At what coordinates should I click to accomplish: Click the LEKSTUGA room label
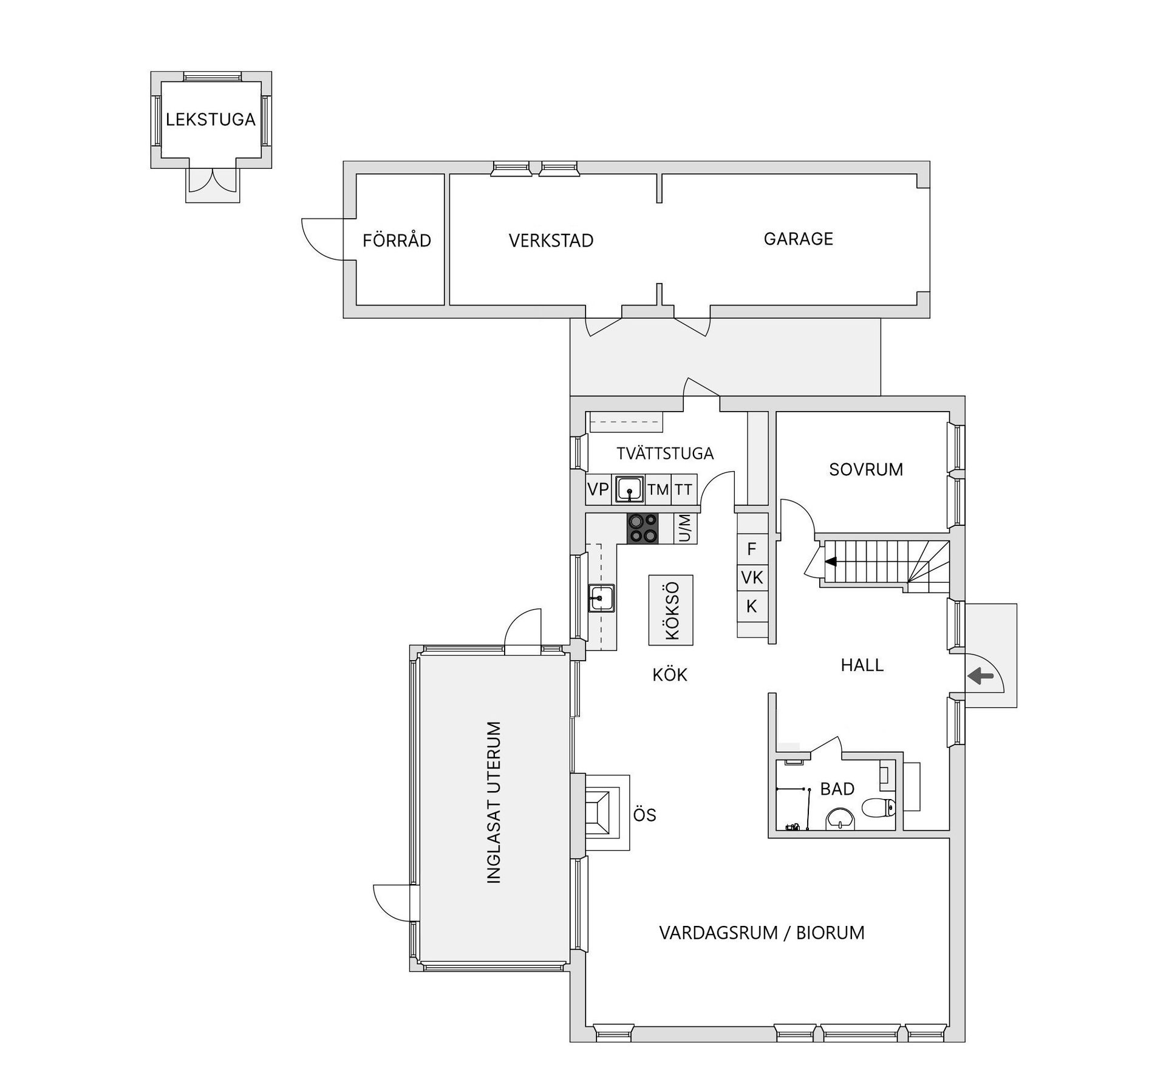[x=210, y=120]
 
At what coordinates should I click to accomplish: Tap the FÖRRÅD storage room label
[x=397, y=241]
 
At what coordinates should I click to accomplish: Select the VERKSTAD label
[x=551, y=241]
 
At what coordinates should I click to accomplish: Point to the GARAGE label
[x=798, y=239]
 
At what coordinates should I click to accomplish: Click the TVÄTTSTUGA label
[x=665, y=454]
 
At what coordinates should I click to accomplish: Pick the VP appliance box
[x=598, y=489]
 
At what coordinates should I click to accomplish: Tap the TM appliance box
[x=658, y=489]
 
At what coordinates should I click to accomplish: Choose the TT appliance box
[x=684, y=489]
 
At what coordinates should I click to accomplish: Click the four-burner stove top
[x=643, y=528]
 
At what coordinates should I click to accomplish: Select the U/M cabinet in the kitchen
[x=685, y=528]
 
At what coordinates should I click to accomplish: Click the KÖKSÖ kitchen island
[x=671, y=610]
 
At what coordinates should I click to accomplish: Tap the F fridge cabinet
[x=752, y=549]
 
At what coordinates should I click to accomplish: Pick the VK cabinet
[x=752, y=578]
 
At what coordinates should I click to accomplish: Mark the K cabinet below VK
[x=752, y=606]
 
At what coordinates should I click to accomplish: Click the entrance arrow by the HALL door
[x=980, y=676]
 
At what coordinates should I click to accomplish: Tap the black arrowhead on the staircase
[x=830, y=562]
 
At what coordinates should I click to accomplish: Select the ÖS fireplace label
[x=644, y=815]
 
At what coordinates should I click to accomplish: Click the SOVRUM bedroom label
[x=866, y=469]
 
